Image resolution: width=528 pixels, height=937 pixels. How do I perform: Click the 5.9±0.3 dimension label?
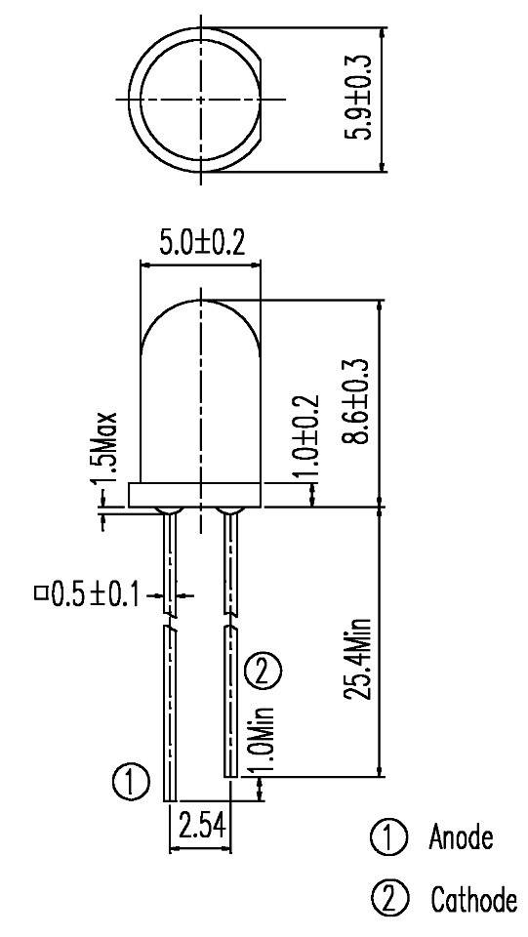click(x=363, y=98)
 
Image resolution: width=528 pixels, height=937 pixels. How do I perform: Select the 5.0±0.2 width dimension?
click(x=202, y=244)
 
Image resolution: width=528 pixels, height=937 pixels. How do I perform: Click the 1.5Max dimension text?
click(x=109, y=445)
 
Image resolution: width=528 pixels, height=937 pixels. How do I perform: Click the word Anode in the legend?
click(x=461, y=837)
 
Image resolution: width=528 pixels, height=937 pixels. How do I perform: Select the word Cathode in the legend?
click(x=472, y=900)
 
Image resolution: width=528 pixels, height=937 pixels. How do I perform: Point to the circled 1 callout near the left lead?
click(x=132, y=781)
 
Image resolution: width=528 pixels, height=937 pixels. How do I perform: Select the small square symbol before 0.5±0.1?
click(x=40, y=592)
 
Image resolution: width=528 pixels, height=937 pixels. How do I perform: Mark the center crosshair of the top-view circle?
click(x=202, y=98)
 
